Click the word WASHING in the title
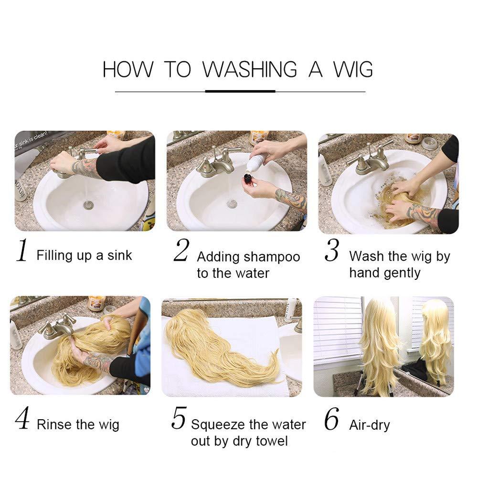(250, 70)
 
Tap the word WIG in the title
(353, 70)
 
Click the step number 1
(22, 250)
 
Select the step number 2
(181, 250)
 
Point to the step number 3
(332, 250)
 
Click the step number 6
(332, 419)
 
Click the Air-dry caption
(370, 425)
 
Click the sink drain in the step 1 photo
(89, 204)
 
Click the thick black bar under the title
(240, 91)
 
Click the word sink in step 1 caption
(119, 255)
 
